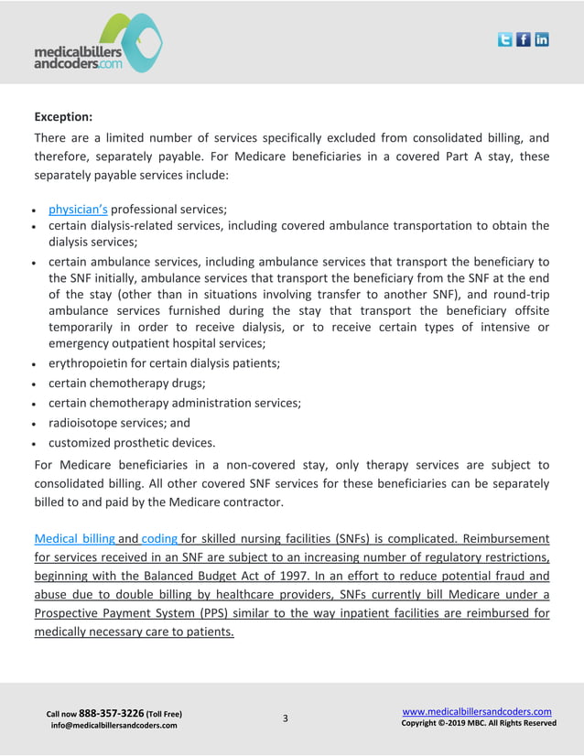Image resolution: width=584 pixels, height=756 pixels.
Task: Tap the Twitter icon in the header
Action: tap(504, 39)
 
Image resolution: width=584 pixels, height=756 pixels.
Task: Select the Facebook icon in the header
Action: tap(524, 39)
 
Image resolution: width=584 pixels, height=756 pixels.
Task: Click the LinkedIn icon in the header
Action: tap(542, 39)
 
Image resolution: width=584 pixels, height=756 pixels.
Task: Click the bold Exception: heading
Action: tap(63, 116)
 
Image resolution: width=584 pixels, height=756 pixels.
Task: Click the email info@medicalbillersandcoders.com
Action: tap(114, 726)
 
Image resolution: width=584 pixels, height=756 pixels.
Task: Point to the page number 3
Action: tap(285, 718)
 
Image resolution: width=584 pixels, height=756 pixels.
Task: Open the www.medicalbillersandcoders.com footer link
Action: tap(477, 711)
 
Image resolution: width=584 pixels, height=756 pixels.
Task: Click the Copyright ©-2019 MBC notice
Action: tap(479, 723)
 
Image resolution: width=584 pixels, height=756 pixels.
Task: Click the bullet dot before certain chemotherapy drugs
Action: tap(37, 384)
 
